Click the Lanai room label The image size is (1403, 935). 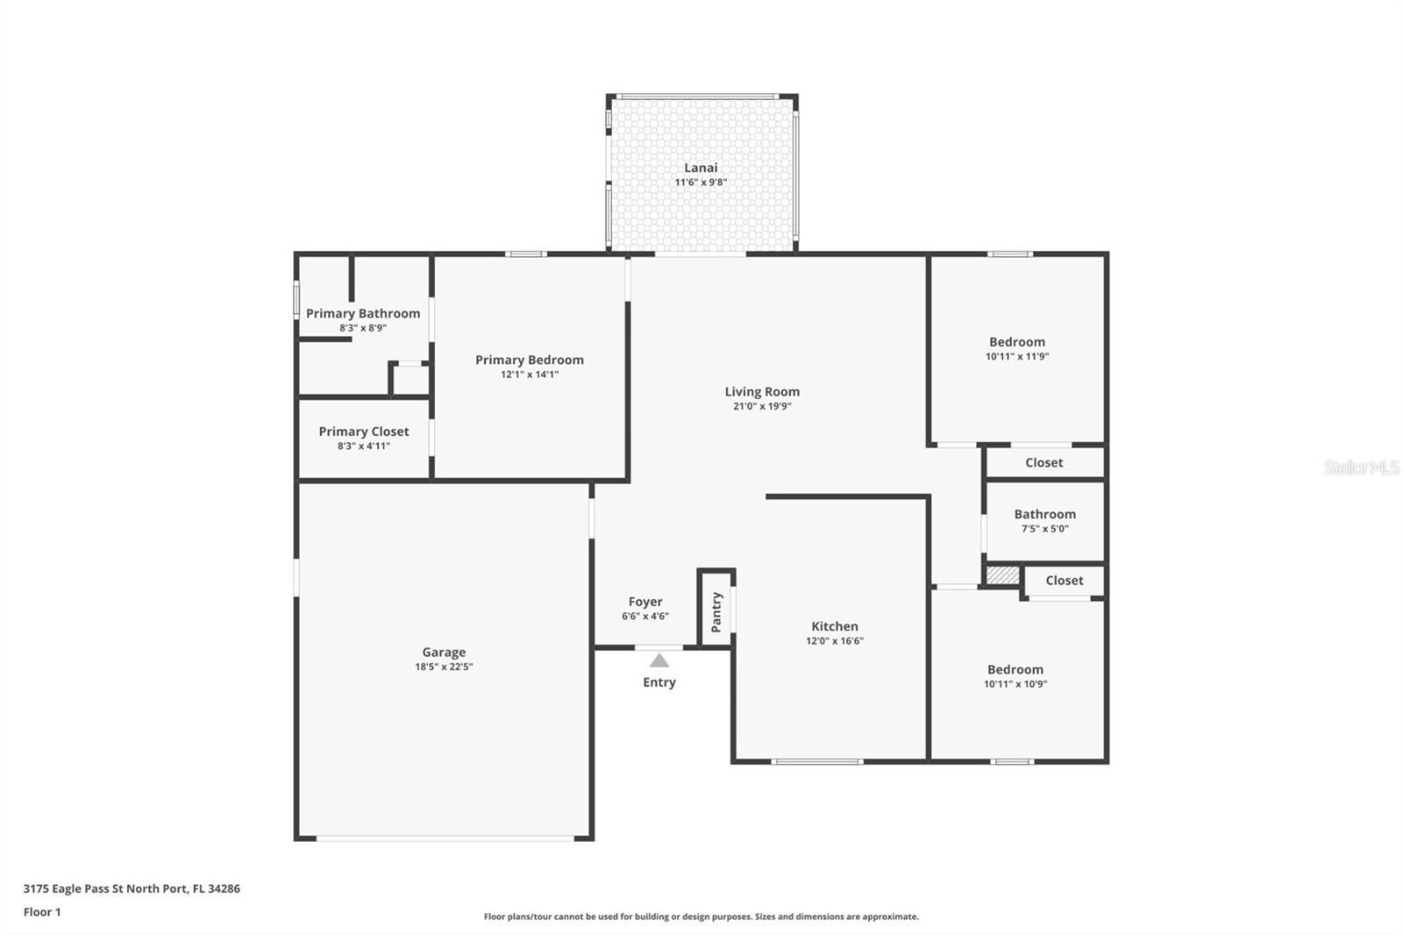pyautogui.click(x=701, y=168)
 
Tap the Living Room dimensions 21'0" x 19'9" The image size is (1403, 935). pyautogui.click(x=762, y=406)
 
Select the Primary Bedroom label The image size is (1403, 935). pyautogui.click(x=530, y=360)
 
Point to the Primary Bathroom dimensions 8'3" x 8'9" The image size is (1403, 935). pyautogui.click(x=363, y=328)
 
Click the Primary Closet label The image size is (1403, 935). pyautogui.click(x=363, y=432)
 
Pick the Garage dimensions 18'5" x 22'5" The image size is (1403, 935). pyautogui.click(x=444, y=667)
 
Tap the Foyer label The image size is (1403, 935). pyautogui.click(x=645, y=602)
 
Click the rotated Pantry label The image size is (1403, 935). pyautogui.click(x=716, y=612)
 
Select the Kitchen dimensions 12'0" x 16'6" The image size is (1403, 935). pyautogui.click(x=835, y=640)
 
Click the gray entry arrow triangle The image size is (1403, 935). pyautogui.click(x=659, y=661)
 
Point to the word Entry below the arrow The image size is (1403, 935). pyautogui.click(x=659, y=682)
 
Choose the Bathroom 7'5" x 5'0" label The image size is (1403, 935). pyautogui.click(x=1044, y=521)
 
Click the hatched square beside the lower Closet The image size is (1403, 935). pyautogui.click(x=1003, y=575)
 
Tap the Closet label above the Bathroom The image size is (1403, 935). pyautogui.click(x=1043, y=462)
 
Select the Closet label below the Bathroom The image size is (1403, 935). pyautogui.click(x=1065, y=581)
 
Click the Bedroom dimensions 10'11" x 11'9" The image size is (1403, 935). pyautogui.click(x=1017, y=357)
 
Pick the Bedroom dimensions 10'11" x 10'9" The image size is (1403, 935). pyautogui.click(x=1015, y=683)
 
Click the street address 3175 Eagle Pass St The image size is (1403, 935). pyautogui.click(x=73, y=889)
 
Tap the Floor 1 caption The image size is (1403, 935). pyautogui.click(x=42, y=912)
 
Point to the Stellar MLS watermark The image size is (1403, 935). pyautogui.click(x=1362, y=467)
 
